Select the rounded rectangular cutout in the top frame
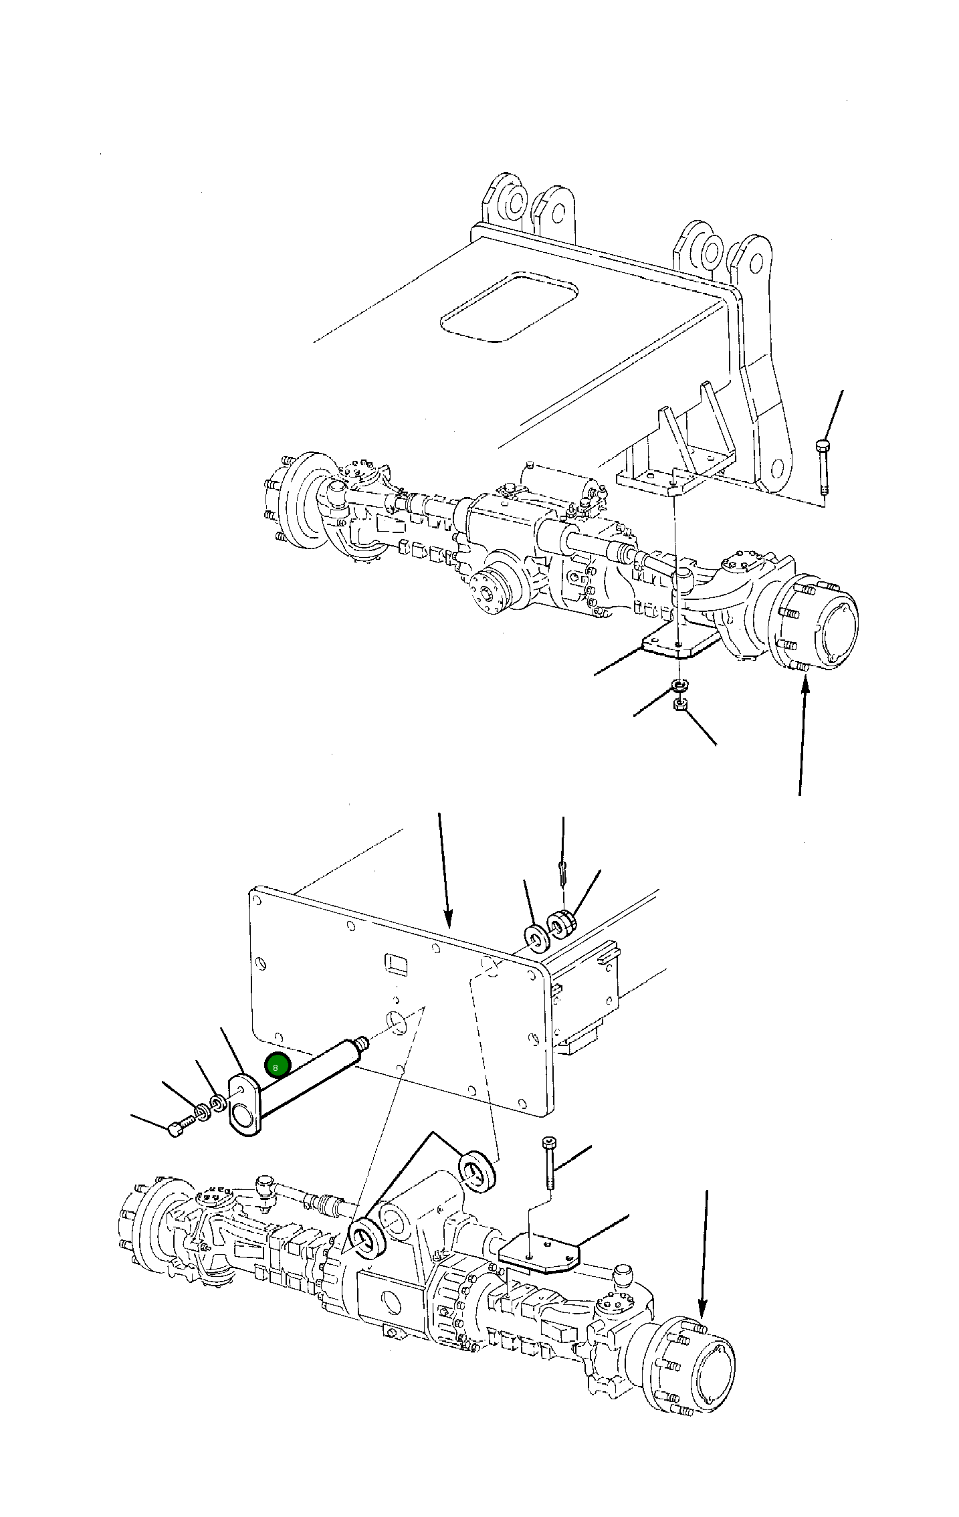pos(509,307)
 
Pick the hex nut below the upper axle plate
pos(680,704)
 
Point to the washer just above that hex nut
pos(679,686)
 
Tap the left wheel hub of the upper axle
pos(294,498)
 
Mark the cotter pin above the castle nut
pos(562,873)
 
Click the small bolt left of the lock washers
pos(177,1129)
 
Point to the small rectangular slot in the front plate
pos(396,963)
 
